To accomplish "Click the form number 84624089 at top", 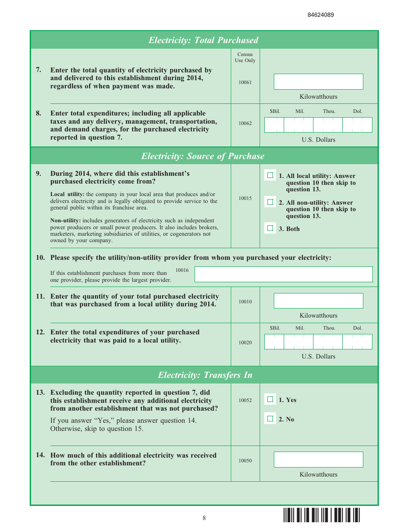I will point(321,15).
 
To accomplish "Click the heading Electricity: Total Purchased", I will point(204,40).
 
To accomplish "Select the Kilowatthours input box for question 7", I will point(318,81).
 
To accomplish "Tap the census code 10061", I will point(245,82).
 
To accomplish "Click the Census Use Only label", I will point(245,57).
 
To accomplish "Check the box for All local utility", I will point(270,175).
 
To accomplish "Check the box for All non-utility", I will point(270,202).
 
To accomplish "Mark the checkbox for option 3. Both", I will point(270,228).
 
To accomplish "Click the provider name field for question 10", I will point(283,274).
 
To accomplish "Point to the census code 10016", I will point(182,270).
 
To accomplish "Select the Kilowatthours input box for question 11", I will point(318,301).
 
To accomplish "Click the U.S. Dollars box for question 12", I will point(318,342).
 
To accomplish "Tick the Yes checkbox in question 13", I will point(270,399).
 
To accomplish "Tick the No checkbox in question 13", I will point(270,418).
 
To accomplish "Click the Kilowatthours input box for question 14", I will point(318,459).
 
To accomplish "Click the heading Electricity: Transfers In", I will point(205,375).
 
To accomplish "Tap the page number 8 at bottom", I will point(204,518).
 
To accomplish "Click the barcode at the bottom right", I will point(321,515).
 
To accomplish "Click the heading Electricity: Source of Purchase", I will point(203,156).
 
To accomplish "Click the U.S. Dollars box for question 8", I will point(318,125).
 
